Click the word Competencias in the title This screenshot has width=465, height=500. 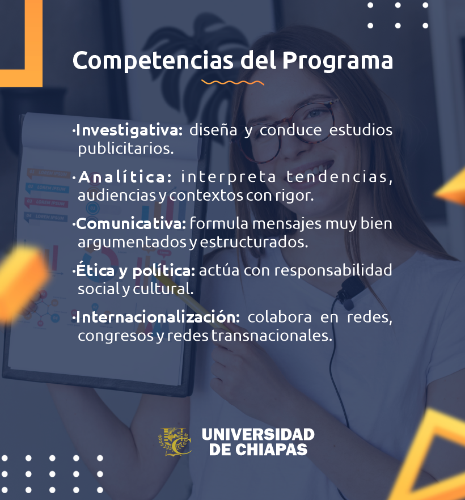(153, 61)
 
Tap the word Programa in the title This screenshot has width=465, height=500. (338, 61)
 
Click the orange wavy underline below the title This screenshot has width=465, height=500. (233, 83)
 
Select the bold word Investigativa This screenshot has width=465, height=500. (129, 130)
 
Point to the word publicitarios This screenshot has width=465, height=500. (126, 149)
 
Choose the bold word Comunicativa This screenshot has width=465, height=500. (131, 223)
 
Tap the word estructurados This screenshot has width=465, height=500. (254, 243)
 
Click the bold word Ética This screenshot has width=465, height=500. (95, 270)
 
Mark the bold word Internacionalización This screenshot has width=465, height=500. (158, 317)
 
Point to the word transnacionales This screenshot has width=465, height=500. (272, 336)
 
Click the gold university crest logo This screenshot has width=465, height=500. (175, 442)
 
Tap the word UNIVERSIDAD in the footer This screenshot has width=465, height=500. (258, 435)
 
